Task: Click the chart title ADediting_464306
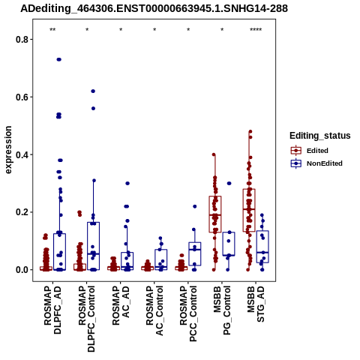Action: pyautogui.click(x=154, y=8)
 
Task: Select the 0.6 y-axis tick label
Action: pyautogui.click(x=21, y=97)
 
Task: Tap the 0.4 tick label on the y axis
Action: pyautogui.click(x=21, y=154)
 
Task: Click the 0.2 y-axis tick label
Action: pyautogui.click(x=21, y=212)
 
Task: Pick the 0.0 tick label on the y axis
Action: pyautogui.click(x=21, y=270)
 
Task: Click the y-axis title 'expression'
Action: pyautogui.click(x=8, y=150)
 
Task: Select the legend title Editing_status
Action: pyautogui.click(x=320, y=136)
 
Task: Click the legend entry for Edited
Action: pyautogui.click(x=317, y=151)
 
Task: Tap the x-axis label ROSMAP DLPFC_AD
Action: pyautogui.click(x=52, y=310)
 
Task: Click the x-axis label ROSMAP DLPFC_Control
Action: pyautogui.click(x=86, y=319)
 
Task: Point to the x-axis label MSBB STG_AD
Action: pyautogui.click(x=256, y=304)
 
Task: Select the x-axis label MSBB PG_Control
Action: pyautogui.click(x=222, y=310)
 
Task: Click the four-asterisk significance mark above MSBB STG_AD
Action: pyautogui.click(x=256, y=30)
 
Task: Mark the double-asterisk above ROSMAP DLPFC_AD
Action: pyautogui.click(x=52, y=30)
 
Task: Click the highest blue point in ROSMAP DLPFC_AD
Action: pyautogui.click(x=59, y=59)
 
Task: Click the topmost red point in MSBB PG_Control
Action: pyautogui.click(x=214, y=154)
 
